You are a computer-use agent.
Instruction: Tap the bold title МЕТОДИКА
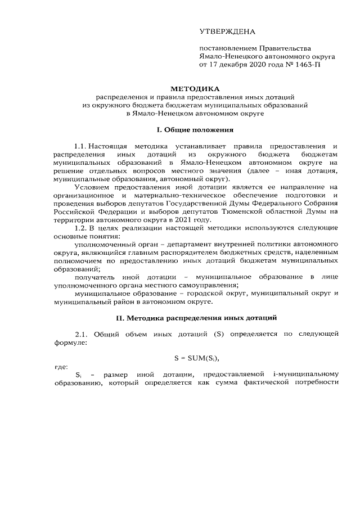(x=196, y=89)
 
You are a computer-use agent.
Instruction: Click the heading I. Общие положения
(x=195, y=130)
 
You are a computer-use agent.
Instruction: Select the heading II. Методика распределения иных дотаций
(x=196, y=318)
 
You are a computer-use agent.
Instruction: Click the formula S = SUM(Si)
(x=196, y=358)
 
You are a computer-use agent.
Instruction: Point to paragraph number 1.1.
(x=82, y=146)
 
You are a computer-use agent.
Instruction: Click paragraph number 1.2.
(x=82, y=228)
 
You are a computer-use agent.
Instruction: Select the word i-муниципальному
(x=307, y=375)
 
